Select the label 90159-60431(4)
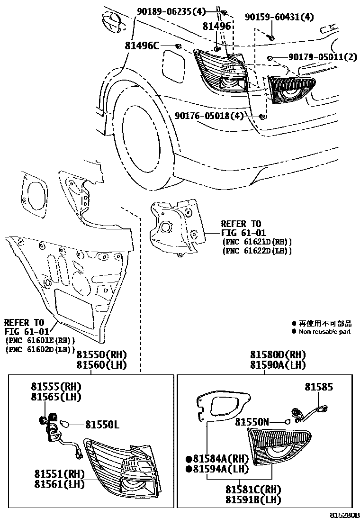pyautogui.click(x=279, y=17)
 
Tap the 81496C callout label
pyautogui.click(x=142, y=46)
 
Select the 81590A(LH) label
pyautogui.click(x=278, y=365)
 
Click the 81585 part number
pyautogui.click(x=318, y=387)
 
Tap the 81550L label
pyautogui.click(x=102, y=425)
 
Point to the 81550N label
pyautogui.click(x=253, y=421)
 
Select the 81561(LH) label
pyautogui.click(x=59, y=484)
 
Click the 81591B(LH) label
pyautogui.click(x=253, y=500)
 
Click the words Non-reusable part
pyautogui.click(x=325, y=332)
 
